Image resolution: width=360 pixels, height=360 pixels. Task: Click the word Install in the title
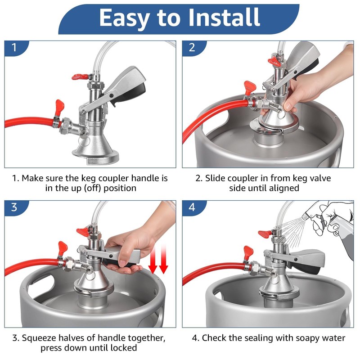(224, 17)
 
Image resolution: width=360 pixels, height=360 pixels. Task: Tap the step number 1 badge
(14, 48)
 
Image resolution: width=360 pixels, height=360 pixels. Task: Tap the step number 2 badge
(192, 48)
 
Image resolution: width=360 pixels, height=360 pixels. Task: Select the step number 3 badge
(14, 207)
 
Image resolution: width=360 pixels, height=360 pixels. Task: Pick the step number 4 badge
(192, 207)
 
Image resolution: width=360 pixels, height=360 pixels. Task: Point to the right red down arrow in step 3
(163, 260)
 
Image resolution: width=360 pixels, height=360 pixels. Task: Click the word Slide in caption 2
(212, 178)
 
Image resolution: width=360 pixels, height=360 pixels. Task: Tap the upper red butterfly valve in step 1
(80, 76)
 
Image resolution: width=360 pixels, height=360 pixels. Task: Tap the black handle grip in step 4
(306, 267)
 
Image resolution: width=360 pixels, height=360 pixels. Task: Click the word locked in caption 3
(123, 348)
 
